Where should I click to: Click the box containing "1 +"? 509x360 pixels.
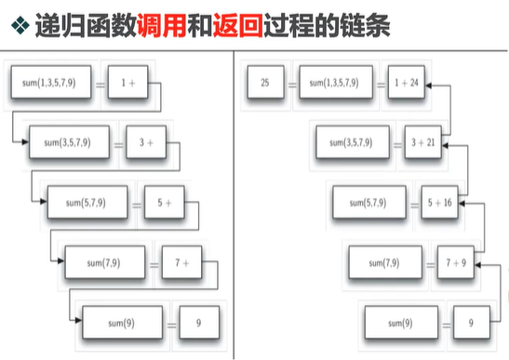coord(128,83)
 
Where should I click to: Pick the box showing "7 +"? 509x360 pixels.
coord(181,263)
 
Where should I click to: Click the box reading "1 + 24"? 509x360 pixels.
coord(408,83)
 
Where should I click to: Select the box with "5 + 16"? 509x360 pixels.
coord(442,202)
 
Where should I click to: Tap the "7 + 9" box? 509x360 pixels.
coord(455,263)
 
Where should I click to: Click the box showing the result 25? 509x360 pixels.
coord(265,83)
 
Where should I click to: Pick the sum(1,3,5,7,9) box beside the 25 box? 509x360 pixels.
coord(332,83)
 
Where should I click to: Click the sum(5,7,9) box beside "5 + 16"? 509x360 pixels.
coord(369,202)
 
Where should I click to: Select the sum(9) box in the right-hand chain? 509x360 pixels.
coord(399,323)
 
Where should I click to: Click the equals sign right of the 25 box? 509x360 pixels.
coord(288,83)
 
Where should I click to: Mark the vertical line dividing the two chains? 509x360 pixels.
coord(233,205)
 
